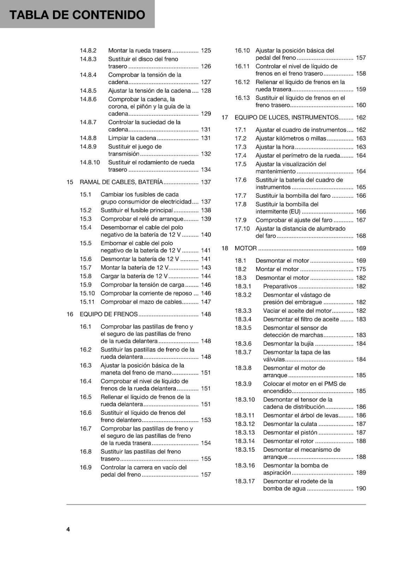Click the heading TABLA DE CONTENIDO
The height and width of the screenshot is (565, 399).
[77, 15]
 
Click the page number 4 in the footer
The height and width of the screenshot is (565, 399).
[68, 529]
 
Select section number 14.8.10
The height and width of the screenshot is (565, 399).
[90, 162]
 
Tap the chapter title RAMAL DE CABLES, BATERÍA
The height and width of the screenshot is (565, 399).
[121, 182]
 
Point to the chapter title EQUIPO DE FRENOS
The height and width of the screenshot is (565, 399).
[108, 314]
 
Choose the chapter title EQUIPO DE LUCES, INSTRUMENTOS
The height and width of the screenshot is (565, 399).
[286, 118]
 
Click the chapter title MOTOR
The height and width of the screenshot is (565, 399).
[245, 248]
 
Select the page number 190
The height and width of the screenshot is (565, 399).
[361, 488]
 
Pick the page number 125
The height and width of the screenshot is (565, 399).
[206, 50]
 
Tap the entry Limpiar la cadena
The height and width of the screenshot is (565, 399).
[132, 138]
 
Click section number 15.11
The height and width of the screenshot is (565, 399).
[87, 302]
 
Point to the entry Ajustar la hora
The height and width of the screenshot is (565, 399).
[275, 147]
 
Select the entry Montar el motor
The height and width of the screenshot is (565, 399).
[277, 269]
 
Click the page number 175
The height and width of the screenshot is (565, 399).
[361, 269]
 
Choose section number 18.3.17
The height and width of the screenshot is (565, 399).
[245, 481]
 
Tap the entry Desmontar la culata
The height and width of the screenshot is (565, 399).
[290, 424]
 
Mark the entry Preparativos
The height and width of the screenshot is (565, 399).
[280, 286]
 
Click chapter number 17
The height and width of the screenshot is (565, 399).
[225, 118]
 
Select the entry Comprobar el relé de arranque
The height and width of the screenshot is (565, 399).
[142, 219]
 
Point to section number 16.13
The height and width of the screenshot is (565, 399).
[242, 98]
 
